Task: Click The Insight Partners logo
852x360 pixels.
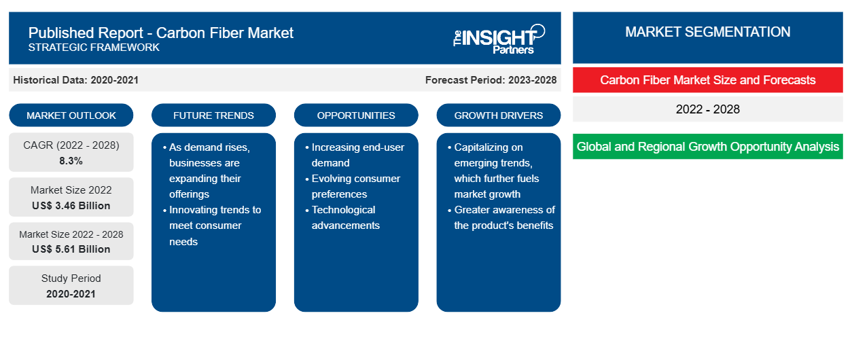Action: (499, 39)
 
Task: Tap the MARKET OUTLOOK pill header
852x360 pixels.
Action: (71, 115)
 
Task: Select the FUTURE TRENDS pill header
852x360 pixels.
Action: (213, 115)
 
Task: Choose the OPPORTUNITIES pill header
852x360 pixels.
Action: (356, 115)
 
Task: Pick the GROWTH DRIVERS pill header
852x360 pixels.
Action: (498, 115)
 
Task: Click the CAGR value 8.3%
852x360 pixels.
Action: (71, 161)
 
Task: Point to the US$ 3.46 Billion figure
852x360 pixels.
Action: (71, 206)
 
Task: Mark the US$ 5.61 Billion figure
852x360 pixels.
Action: (71, 249)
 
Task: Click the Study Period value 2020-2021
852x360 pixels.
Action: (71, 294)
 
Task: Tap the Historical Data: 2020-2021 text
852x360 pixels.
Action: (75, 80)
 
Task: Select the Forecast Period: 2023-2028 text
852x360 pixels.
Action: (491, 80)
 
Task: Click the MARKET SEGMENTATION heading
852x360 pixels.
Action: (707, 32)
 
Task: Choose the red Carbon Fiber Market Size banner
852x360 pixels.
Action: (707, 80)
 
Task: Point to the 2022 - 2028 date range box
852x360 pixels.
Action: (707, 109)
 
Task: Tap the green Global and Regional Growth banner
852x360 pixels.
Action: (707, 146)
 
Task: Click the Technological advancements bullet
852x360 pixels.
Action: (342, 217)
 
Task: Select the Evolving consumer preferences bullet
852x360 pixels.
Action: (353, 186)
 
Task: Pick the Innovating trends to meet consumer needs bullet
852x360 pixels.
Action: (212, 226)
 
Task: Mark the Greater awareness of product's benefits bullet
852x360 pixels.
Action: (501, 217)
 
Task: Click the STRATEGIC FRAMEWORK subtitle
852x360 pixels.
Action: (94, 47)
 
